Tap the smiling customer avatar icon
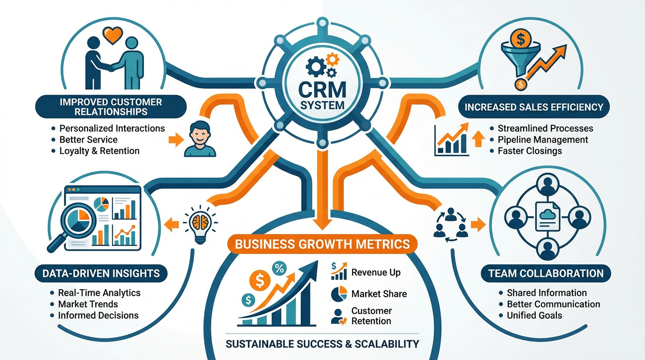point(200,139)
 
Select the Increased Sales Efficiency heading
point(533,107)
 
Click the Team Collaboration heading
point(546,273)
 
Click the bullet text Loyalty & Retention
point(99,151)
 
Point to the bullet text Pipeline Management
point(543,140)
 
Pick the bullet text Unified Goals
point(534,315)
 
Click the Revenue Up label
point(375,273)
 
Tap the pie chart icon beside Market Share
point(338,294)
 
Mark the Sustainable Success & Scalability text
point(322,344)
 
